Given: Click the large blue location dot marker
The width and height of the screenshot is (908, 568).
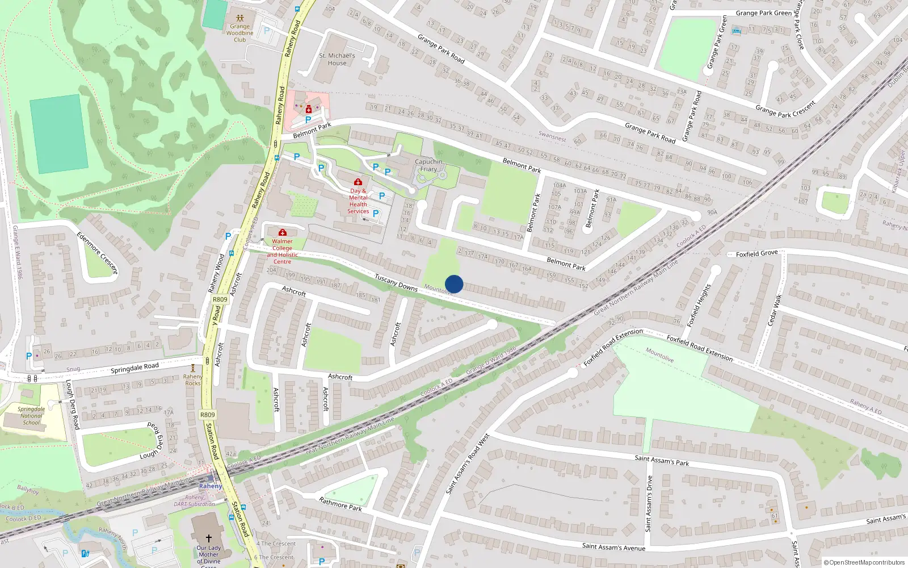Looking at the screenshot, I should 454,284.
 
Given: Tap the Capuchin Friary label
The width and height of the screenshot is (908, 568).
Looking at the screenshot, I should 428,165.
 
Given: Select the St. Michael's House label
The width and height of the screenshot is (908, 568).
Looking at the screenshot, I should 337,59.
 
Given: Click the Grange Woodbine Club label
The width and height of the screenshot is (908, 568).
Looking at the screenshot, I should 239,33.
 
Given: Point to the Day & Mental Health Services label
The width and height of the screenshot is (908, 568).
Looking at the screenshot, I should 358,201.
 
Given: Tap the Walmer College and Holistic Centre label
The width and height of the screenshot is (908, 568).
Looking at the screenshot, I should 282,251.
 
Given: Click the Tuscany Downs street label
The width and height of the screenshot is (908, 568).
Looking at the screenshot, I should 396,282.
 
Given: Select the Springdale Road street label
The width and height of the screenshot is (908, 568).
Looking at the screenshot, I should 134,368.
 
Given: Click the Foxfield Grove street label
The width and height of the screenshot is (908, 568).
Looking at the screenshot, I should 756,254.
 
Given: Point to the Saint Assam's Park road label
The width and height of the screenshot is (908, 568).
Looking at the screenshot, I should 662,460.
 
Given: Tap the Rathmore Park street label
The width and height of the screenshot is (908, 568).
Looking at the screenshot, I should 340,504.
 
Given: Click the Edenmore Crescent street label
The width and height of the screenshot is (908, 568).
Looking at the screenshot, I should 97,253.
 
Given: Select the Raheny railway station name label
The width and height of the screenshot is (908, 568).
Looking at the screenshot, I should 211,486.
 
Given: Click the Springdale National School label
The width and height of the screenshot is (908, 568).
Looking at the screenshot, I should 31,415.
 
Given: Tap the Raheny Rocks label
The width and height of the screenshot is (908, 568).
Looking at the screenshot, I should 193,379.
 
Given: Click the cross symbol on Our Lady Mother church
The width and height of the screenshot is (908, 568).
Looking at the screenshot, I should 208,538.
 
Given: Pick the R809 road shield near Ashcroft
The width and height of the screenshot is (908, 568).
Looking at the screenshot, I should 220,299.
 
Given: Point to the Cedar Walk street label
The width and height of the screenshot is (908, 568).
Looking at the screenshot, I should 775,310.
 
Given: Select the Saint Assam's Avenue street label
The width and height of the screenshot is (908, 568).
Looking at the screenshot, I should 613,547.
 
